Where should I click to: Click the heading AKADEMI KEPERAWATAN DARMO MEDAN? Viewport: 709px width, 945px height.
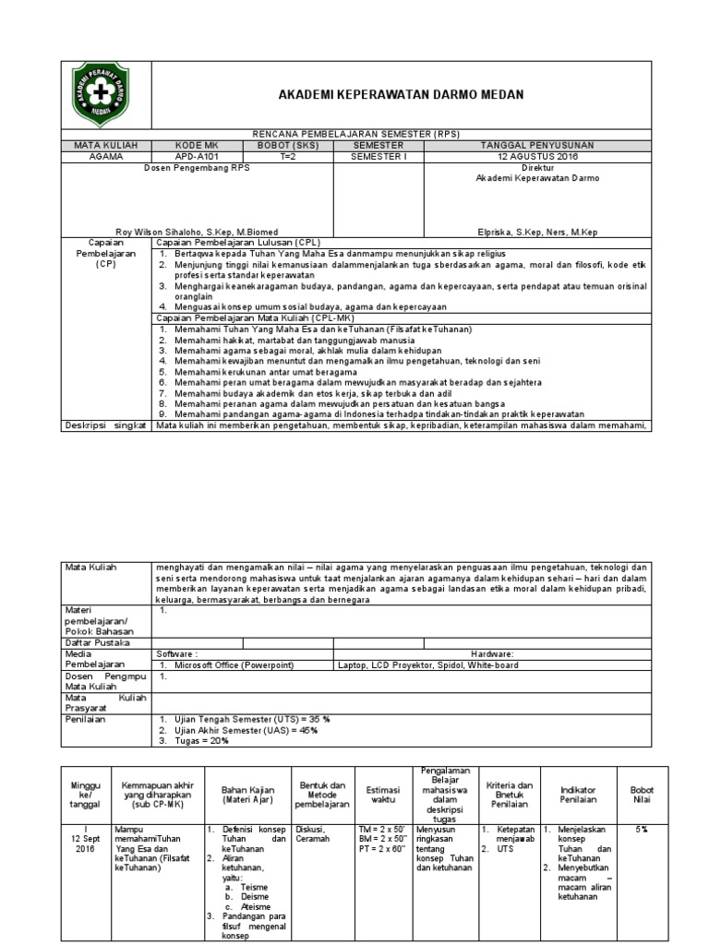tap(401, 95)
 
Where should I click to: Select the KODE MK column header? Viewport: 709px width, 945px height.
tap(195, 146)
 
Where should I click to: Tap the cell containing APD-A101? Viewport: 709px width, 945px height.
tap(195, 156)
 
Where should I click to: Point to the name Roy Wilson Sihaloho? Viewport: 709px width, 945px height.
tap(197, 231)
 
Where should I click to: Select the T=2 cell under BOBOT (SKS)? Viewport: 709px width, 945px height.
tap(287, 156)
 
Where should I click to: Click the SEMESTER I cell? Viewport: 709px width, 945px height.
tap(379, 156)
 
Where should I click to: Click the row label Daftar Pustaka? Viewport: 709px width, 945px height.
tap(96, 642)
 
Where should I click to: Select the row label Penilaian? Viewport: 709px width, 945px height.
tap(85, 718)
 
